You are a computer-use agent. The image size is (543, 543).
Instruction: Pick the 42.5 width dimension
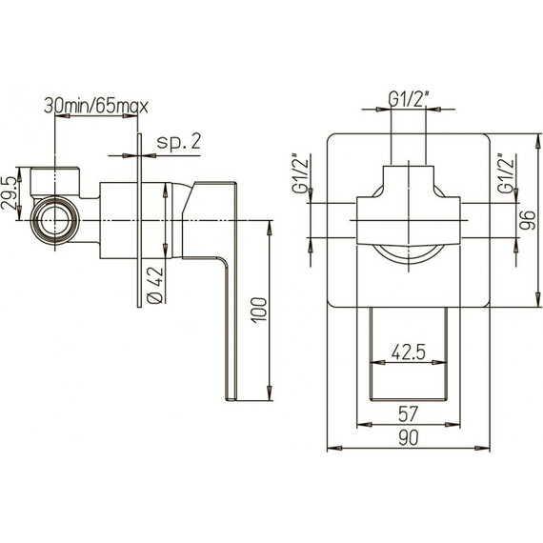point(408,350)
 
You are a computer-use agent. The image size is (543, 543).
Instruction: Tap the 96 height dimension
point(522,222)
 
